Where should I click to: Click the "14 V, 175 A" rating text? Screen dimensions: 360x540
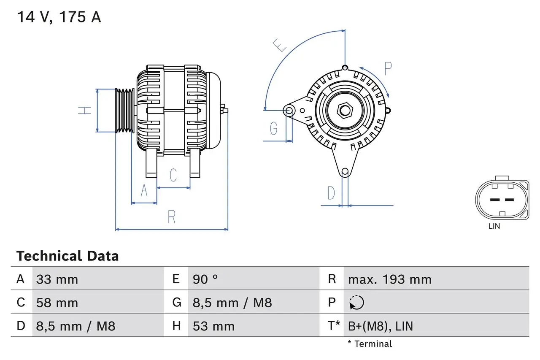(59, 17)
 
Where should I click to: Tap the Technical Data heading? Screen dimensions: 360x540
(67, 256)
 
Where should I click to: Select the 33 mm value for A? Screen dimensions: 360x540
(57, 279)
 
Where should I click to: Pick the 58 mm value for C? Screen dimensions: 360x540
(57, 303)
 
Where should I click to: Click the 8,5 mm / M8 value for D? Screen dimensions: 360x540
(76, 326)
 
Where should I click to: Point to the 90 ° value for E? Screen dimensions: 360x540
(205, 279)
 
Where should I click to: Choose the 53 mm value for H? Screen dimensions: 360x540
(213, 326)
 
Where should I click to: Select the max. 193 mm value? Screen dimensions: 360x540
(389, 279)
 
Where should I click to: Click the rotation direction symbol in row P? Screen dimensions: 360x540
(356, 303)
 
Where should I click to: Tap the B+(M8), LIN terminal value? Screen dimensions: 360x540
(380, 326)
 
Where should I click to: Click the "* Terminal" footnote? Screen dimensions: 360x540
(370, 344)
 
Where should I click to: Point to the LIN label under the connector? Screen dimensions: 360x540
(494, 226)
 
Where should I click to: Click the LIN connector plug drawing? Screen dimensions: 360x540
(502, 199)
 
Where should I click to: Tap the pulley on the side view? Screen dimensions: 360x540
(125, 110)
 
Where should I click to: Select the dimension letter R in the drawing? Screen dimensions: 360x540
(171, 217)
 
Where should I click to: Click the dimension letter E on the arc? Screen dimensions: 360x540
(279, 45)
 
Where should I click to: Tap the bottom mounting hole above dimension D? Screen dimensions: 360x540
(345, 171)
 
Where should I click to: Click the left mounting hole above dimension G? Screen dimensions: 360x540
(289, 111)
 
